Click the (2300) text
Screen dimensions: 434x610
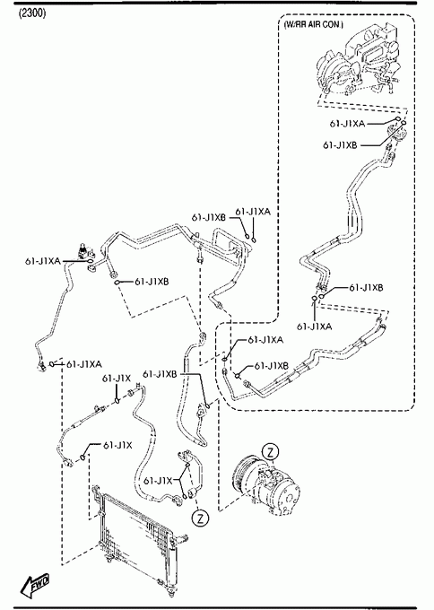(x=32, y=13)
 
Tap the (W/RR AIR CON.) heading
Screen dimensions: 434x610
(x=314, y=24)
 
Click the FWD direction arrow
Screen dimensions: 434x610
(x=35, y=585)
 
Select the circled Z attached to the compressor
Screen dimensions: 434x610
(x=270, y=451)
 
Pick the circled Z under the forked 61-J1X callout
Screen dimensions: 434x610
(x=201, y=518)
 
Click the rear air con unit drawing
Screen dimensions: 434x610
(x=358, y=60)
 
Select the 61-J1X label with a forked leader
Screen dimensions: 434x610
(x=158, y=481)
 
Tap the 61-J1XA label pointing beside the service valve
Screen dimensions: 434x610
(x=43, y=261)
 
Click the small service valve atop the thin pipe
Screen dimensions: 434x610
(x=82, y=251)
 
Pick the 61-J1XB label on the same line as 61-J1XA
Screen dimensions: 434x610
(x=208, y=217)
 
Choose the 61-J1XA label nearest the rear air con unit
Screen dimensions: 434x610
(x=347, y=124)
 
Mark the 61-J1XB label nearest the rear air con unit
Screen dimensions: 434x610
(x=340, y=144)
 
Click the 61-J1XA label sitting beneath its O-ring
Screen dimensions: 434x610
(x=314, y=327)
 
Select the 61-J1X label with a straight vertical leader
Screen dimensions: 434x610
(x=117, y=379)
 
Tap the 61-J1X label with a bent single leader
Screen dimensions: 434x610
(x=117, y=445)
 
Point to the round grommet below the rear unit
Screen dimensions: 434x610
(x=397, y=135)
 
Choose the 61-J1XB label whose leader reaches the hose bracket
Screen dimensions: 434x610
(x=160, y=374)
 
